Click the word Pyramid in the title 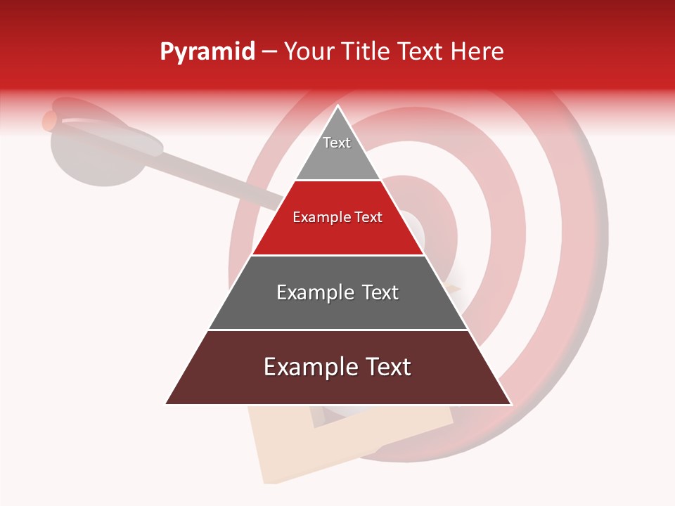[207, 52]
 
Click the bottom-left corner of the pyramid [167, 403]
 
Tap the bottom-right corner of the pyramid [510, 403]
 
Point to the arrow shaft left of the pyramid [225, 183]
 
